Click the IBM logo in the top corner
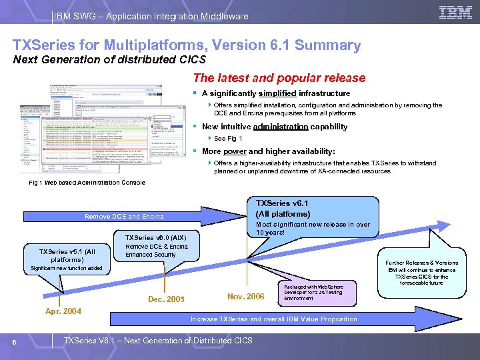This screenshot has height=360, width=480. click(x=456, y=12)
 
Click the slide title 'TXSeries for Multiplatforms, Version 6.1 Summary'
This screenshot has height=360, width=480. click(x=187, y=46)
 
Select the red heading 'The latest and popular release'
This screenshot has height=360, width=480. click(x=279, y=78)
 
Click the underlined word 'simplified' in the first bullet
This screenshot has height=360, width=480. click(x=277, y=93)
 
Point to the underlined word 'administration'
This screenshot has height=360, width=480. click(x=281, y=127)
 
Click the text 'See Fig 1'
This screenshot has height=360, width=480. click(x=228, y=139)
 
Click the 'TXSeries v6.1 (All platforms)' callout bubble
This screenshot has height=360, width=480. click(x=283, y=209)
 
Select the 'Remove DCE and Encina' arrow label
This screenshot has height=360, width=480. click(x=124, y=216)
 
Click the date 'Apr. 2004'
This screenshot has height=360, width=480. click(x=63, y=310)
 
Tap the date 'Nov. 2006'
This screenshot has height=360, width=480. click(x=245, y=296)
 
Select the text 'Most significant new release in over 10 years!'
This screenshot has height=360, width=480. click(x=313, y=228)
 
